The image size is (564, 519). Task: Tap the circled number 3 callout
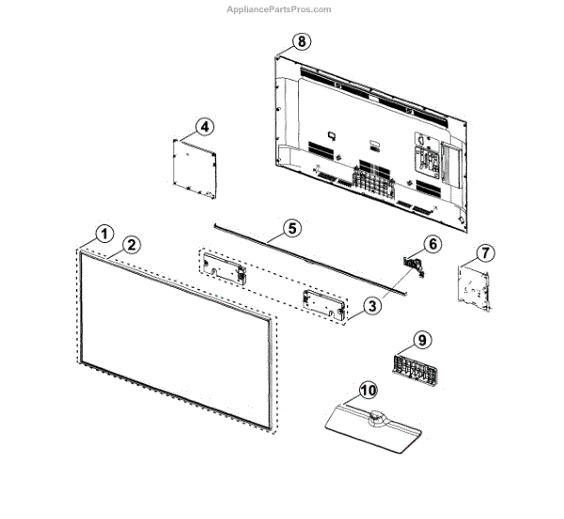pos(372,306)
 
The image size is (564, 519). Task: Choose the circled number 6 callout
pos(431,244)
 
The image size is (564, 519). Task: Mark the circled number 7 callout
pos(483,252)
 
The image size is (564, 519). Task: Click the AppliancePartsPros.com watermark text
pos(280,9)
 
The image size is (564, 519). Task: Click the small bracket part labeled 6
pos(415,265)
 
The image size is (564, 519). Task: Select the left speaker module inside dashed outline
pos(224,266)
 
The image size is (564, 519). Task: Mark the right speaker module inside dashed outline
pos(321,303)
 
